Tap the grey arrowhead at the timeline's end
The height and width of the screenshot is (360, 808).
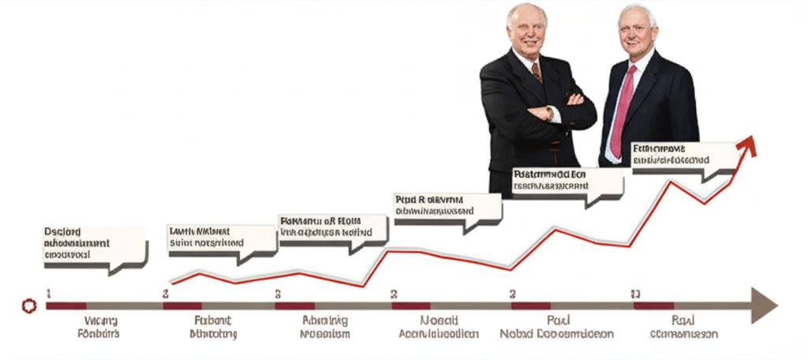pos(764,305)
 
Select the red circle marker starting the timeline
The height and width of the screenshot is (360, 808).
pos(30,305)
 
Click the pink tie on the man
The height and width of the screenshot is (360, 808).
pos(621,111)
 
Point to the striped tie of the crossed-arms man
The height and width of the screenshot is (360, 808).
pos(537,73)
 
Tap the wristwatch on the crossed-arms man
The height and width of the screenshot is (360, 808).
pos(549,114)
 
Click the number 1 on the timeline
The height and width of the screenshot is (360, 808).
pos(49,293)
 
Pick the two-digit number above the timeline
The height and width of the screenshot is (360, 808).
pos(635,294)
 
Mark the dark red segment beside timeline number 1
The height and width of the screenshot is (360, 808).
pos(66,306)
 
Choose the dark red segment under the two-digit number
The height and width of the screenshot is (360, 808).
pos(653,306)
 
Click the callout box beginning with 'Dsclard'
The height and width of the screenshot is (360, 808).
pos(95,245)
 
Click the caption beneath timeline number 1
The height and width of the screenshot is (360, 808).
pos(99,328)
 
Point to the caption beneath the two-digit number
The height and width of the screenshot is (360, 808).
pos(683,328)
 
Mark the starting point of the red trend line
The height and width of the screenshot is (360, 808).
pos(171,283)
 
